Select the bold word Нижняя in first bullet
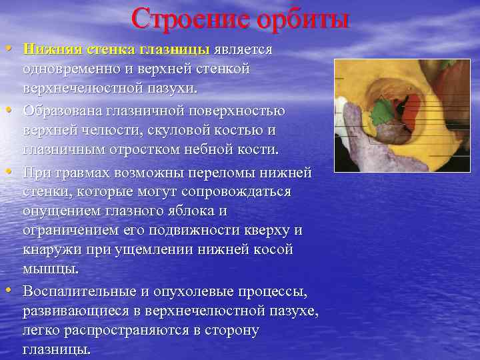point(49,49)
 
